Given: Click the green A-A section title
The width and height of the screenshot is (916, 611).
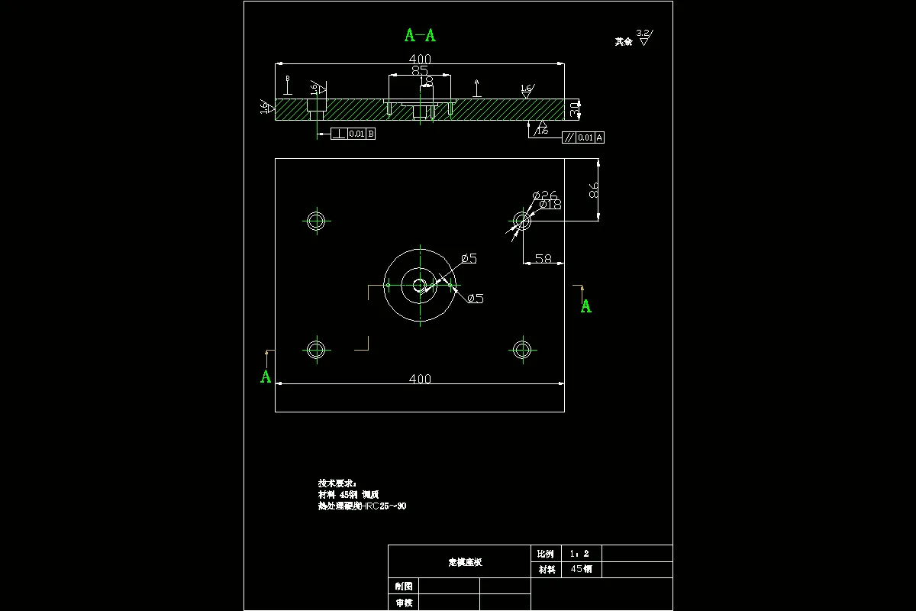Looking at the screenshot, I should [420, 35].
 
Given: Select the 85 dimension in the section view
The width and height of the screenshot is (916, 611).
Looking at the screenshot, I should [420, 70].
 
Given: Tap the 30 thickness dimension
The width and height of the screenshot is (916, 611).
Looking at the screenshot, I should [575, 109].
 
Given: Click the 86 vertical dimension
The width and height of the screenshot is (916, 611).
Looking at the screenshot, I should [594, 190].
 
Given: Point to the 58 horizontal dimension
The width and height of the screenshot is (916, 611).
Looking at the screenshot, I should [543, 259].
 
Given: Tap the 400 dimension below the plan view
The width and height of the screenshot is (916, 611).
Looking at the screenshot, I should [420, 379].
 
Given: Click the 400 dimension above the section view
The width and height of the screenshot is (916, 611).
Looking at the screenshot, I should [420, 59].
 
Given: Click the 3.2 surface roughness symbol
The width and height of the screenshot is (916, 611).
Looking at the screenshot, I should [644, 37].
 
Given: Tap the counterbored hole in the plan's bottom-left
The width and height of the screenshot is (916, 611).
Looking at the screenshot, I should [316, 350].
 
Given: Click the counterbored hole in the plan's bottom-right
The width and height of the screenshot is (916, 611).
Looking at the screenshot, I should [522, 350].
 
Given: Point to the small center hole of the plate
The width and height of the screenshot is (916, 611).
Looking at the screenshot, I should [419, 286].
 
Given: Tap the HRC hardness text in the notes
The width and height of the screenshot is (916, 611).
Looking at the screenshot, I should [379, 506].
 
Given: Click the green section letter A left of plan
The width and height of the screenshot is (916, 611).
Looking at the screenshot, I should [266, 377].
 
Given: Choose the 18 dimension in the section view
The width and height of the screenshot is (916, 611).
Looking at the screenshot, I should [427, 80].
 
